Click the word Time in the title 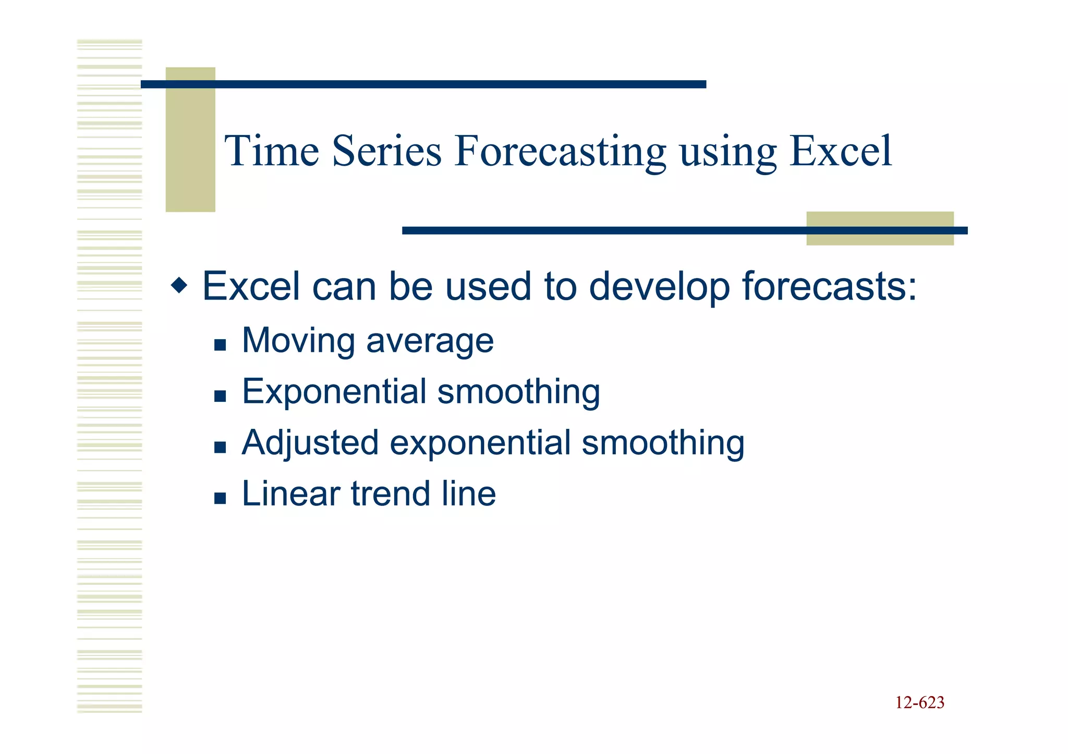(272, 151)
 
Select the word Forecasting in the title (560, 152)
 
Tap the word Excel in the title (840, 151)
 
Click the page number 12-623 (919, 702)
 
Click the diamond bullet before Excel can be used (179, 286)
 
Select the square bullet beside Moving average (220, 344)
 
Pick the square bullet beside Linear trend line (220, 498)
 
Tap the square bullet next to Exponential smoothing (220, 396)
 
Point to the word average (430, 342)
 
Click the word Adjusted (310, 443)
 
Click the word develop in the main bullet (659, 287)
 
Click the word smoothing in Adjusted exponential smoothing (663, 443)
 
